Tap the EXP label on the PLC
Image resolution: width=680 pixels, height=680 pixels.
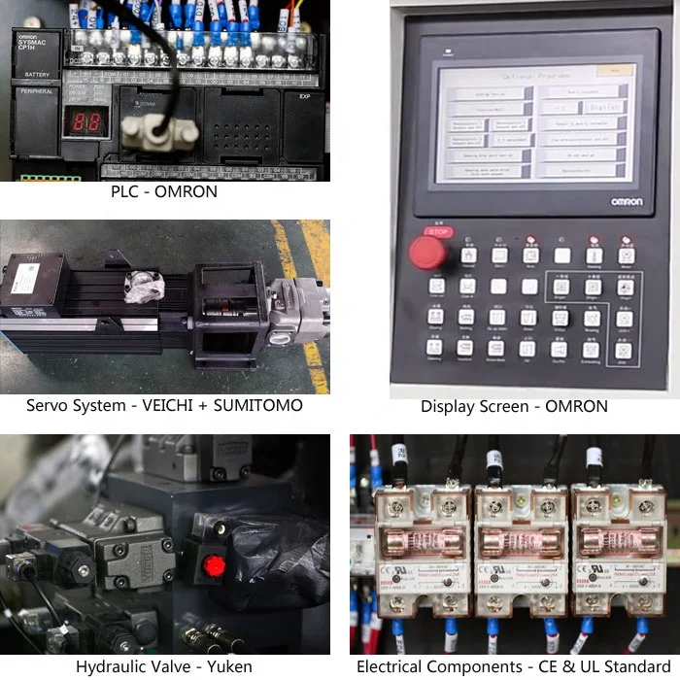pos(304,96)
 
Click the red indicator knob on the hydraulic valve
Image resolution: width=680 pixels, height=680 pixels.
pos(215,565)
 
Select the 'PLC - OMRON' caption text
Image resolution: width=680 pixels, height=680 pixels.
pos(164,192)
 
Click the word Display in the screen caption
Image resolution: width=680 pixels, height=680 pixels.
pos(446,406)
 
